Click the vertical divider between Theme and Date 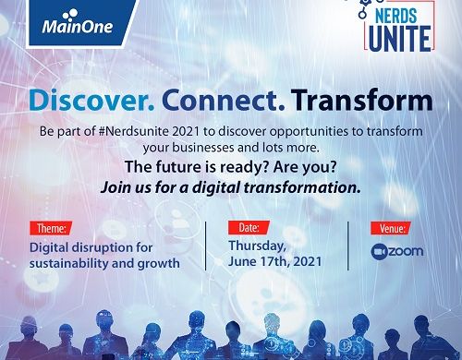[205, 246]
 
